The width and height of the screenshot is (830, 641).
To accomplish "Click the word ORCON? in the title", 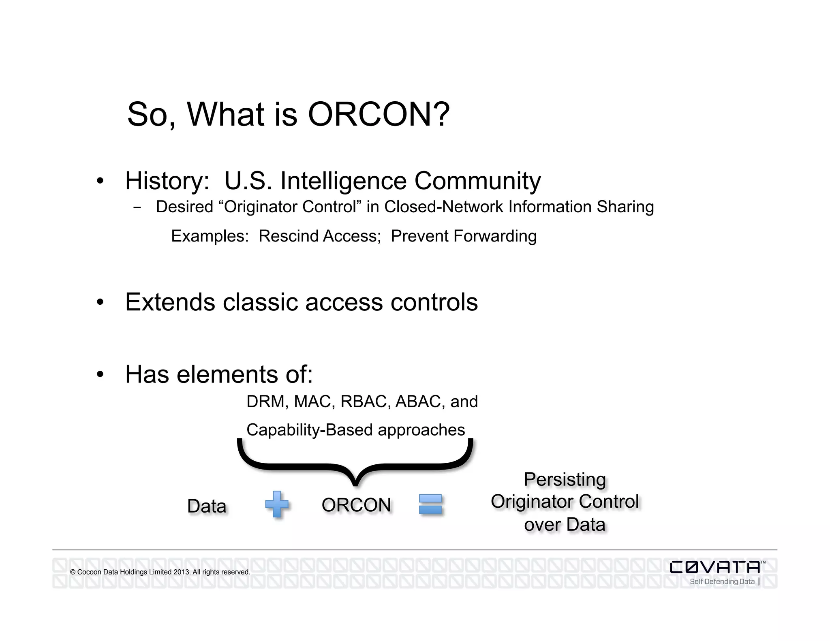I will [x=379, y=114].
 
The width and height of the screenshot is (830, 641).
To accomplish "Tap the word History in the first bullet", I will [x=167, y=181].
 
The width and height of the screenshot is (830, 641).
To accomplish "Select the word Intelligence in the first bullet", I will [x=343, y=181].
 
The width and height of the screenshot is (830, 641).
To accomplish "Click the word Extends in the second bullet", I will [x=170, y=302].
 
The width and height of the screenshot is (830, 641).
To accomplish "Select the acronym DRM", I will [x=267, y=402].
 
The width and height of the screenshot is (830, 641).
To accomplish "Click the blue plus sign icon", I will [x=277, y=504].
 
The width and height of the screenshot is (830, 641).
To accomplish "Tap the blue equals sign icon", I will [x=430, y=504].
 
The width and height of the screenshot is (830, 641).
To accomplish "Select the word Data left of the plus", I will [x=207, y=506].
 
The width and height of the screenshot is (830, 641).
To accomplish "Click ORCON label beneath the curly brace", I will [x=356, y=505].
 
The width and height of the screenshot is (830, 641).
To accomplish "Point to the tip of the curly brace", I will [x=355, y=483].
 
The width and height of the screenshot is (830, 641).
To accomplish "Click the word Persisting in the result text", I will [x=565, y=480].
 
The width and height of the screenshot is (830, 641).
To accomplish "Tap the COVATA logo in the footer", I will [x=715, y=567].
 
